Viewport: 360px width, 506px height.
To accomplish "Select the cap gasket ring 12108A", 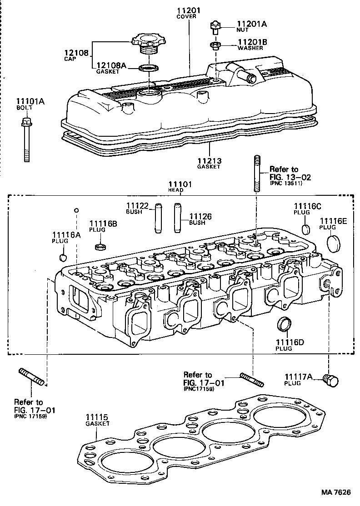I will (x=149, y=69).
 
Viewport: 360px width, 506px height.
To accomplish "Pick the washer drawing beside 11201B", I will (x=216, y=45).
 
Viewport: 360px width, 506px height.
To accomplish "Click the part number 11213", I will (x=209, y=160).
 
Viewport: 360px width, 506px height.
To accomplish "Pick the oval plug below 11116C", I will (x=306, y=228).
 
